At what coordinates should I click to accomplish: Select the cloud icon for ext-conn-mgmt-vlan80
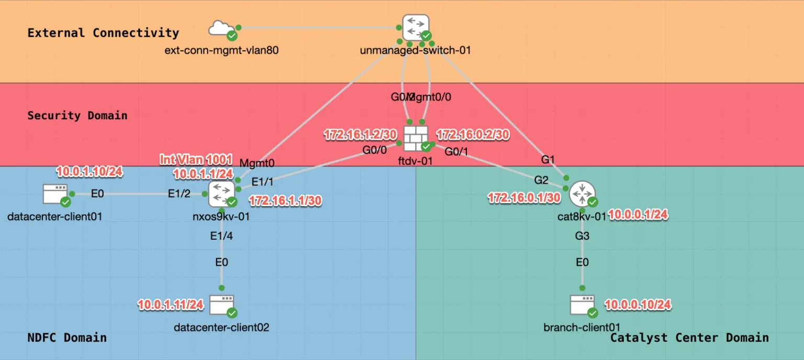click(221, 29)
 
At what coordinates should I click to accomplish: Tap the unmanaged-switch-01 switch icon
click(416, 27)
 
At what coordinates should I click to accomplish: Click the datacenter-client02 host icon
click(221, 305)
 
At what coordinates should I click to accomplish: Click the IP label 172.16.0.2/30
click(473, 134)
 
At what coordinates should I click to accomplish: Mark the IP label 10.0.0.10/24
click(638, 304)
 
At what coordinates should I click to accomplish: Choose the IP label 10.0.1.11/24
click(171, 304)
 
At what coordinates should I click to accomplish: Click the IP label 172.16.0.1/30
click(524, 198)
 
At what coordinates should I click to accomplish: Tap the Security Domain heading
click(77, 116)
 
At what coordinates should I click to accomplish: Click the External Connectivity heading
click(103, 33)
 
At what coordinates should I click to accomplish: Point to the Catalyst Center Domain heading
click(689, 337)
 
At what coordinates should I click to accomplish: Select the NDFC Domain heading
click(67, 337)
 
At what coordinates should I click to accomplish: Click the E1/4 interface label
click(221, 235)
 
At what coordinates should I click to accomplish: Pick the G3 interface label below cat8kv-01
click(582, 236)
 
